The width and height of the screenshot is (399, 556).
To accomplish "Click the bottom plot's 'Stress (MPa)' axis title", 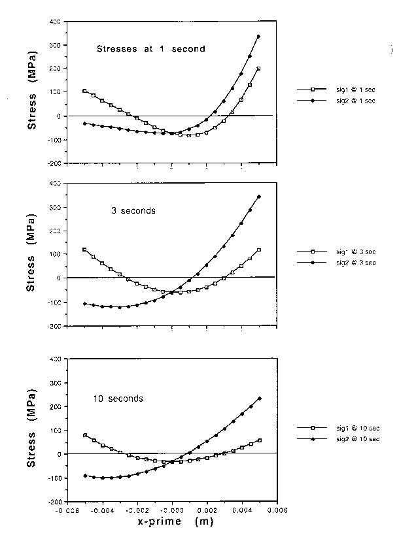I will (33, 431).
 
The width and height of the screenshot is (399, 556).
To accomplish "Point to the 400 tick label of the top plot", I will (57, 22).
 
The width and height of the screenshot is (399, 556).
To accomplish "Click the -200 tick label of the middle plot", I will (56, 325).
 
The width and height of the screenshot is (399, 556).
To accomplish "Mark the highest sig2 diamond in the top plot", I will (259, 37).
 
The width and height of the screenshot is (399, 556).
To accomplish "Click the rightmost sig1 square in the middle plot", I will (259, 250).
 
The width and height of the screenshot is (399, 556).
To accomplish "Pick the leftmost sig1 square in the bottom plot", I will (85, 435).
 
